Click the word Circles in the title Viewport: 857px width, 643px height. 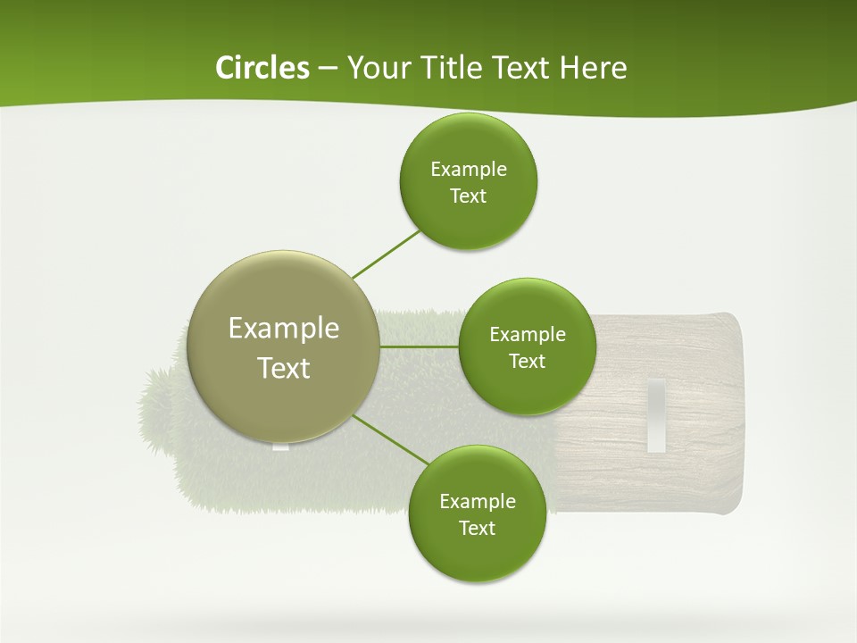pyautogui.click(x=262, y=68)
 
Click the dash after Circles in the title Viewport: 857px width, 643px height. pyautogui.click(x=328, y=69)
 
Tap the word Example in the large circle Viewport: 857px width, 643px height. pyautogui.click(x=284, y=329)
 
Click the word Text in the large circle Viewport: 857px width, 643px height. pyautogui.click(x=284, y=368)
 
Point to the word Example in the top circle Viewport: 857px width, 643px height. pyautogui.click(x=468, y=170)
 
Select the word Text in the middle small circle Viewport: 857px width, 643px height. pyautogui.click(x=527, y=362)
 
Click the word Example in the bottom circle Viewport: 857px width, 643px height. pyautogui.click(x=477, y=501)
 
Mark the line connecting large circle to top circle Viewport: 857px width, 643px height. pyautogui.click(x=386, y=254)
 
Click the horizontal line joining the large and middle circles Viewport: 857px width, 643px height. pyautogui.click(x=419, y=346)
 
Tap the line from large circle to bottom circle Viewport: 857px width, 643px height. pyautogui.click(x=392, y=439)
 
